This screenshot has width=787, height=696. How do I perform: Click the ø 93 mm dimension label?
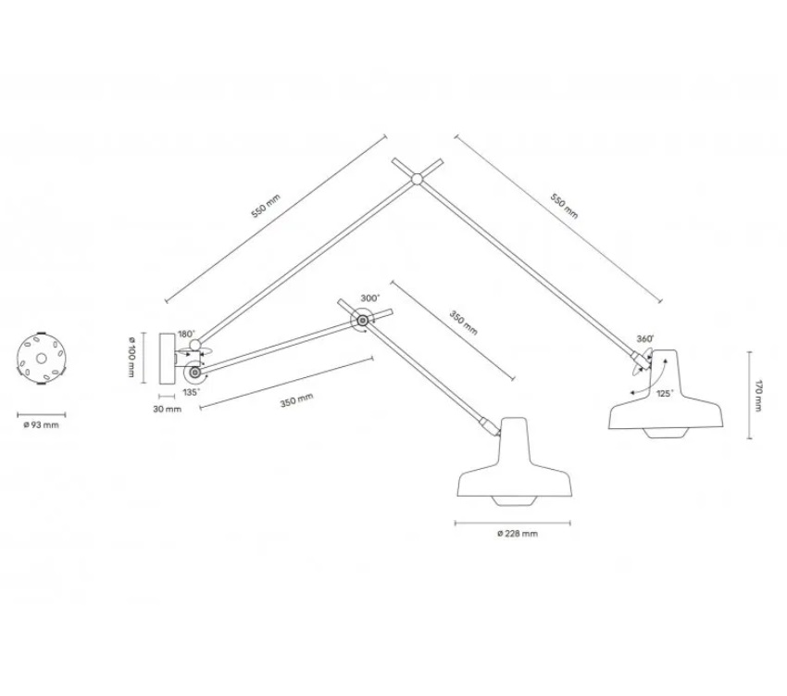tap(41, 425)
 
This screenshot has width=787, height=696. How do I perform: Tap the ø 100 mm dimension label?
tap(131, 358)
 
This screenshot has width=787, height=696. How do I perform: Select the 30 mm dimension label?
tap(168, 409)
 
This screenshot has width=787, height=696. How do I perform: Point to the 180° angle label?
tap(186, 335)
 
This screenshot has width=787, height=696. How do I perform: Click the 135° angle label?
tap(192, 392)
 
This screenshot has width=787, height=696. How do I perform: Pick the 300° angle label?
tap(370, 298)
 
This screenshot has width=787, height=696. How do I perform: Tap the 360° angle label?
tap(645, 339)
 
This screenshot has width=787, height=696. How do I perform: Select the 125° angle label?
tap(665, 394)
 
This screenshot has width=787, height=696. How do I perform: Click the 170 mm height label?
tap(758, 396)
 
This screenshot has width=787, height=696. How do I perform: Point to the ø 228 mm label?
tap(518, 534)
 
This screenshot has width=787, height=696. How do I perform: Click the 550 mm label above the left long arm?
tap(266, 206)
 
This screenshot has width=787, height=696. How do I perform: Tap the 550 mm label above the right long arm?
tap(565, 206)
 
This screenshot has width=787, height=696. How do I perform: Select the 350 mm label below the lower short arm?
tap(296, 400)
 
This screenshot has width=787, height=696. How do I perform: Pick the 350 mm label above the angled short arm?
tap(463, 323)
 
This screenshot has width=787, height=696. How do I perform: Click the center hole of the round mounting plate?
tap(42, 359)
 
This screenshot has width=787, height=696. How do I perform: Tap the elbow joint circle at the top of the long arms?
tap(416, 178)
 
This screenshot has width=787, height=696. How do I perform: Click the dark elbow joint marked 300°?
tap(362, 320)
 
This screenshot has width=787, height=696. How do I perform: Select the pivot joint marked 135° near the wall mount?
tap(194, 373)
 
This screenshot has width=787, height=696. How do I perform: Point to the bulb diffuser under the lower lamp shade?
tap(514, 501)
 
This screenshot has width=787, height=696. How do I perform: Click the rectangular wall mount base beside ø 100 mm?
tap(167, 358)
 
